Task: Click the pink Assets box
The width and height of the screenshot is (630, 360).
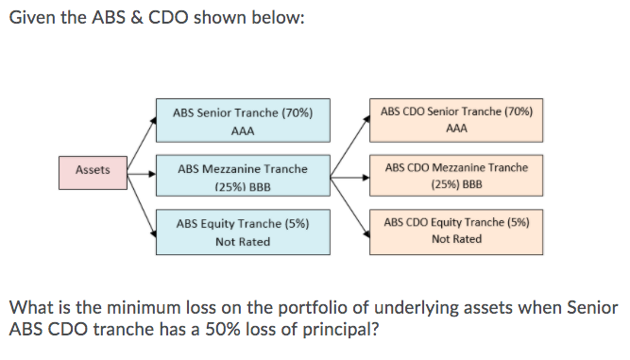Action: [x=93, y=170]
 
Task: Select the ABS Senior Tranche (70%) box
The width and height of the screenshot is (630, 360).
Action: [x=243, y=122]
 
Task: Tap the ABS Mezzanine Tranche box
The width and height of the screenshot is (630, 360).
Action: [x=243, y=177]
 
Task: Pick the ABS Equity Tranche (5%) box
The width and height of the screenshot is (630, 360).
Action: [x=243, y=232]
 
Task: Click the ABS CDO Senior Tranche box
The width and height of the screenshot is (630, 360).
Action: [x=456, y=119]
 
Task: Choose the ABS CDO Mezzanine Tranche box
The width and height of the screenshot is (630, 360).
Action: [x=456, y=175]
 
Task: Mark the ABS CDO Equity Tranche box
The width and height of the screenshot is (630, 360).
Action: [x=456, y=231]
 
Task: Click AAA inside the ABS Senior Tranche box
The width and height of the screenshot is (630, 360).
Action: [x=243, y=131]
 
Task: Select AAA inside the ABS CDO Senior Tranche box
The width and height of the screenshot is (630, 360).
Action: [x=456, y=129]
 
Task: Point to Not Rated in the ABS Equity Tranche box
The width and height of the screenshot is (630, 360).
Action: [x=243, y=242]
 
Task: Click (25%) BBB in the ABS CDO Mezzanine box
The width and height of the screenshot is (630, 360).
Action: [x=456, y=184]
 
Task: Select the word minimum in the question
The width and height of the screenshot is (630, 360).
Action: [x=133, y=309]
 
